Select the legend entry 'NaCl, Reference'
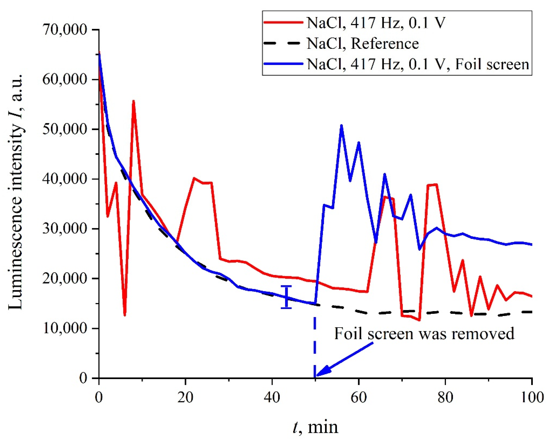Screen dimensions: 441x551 click(362, 44)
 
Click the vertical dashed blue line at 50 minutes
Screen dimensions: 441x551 click(315, 345)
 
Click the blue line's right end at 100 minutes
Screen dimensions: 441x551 click(532, 245)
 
